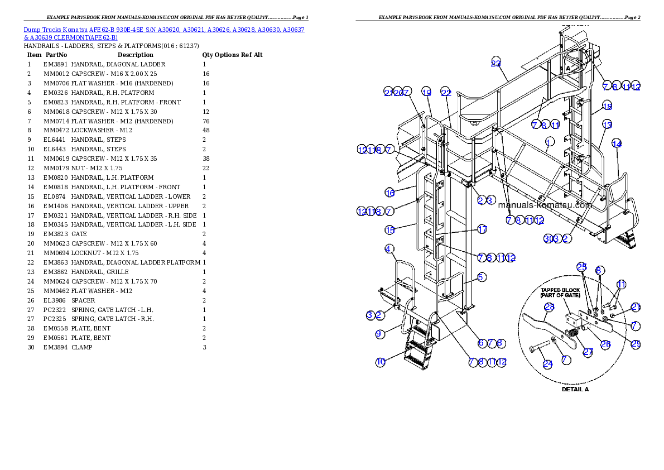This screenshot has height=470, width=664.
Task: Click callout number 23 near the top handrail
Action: coord(496,63)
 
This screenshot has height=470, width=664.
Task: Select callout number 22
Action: coord(445,92)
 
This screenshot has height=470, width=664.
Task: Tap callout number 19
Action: coord(426,92)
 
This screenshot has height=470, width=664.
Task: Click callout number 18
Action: coord(607,106)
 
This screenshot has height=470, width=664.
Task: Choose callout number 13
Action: coord(607,124)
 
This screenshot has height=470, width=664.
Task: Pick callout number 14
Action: coord(617,143)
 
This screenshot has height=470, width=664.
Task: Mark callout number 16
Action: coord(389,193)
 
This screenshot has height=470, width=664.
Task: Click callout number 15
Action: coord(389,229)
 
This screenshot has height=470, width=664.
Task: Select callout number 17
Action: coord(482,229)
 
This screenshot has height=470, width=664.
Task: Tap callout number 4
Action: coord(389,248)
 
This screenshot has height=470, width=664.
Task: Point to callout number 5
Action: coord(482,276)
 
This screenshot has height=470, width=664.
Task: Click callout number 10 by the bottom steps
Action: coord(380,362)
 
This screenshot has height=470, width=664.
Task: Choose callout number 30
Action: coord(548,239)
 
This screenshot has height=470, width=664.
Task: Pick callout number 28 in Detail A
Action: coord(549,306)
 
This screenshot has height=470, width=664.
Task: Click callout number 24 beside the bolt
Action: coord(548,363)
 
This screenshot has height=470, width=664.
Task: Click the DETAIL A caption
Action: coord(575,389)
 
